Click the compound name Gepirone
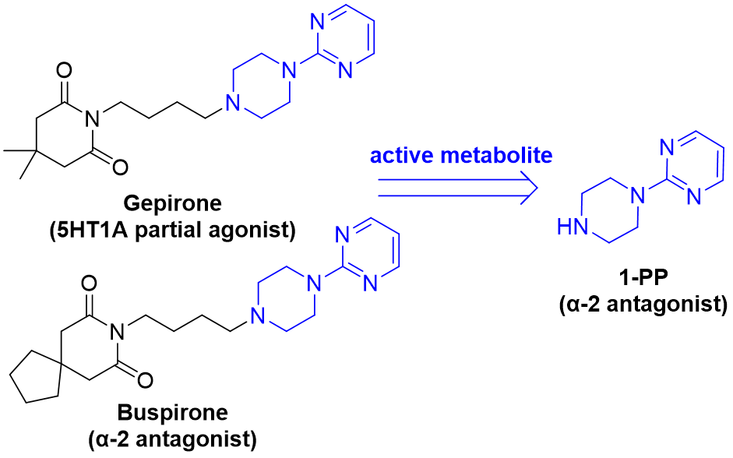(x=172, y=203)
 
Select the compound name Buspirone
(x=172, y=413)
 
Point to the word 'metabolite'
(x=497, y=155)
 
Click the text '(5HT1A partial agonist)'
(x=172, y=231)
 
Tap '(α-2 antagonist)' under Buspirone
(x=172, y=439)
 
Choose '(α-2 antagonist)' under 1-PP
(x=643, y=305)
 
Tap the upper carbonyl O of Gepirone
(x=64, y=71)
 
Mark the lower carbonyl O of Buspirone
(x=145, y=379)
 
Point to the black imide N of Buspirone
(x=118, y=333)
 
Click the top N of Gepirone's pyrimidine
(x=317, y=22)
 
